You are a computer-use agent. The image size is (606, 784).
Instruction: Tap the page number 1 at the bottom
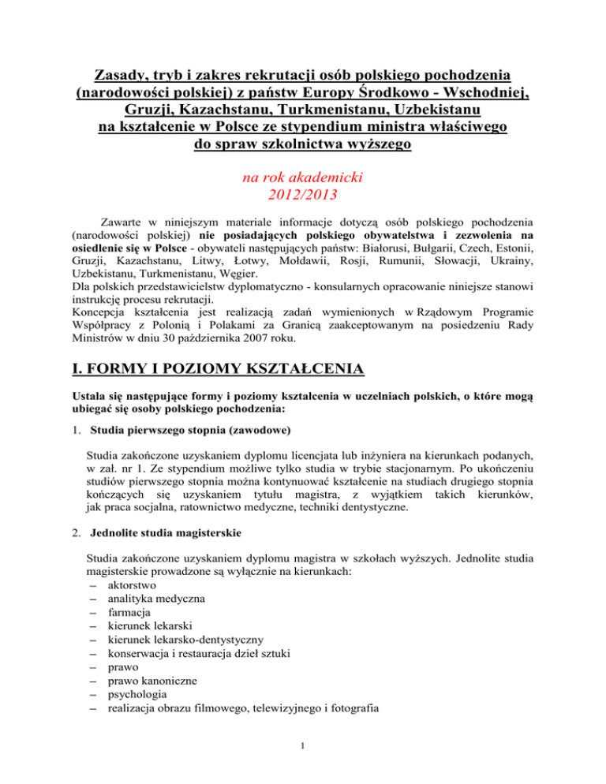click(303, 763)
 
